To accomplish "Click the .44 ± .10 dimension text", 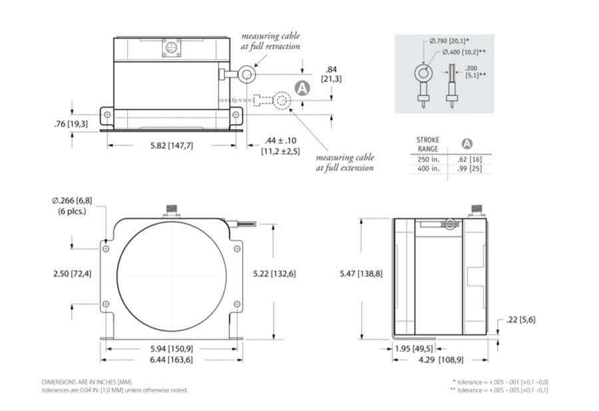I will point(282,141).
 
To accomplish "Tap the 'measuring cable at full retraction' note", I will point(270,41).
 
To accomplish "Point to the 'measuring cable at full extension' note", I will point(345,163).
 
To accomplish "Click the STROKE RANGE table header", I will point(428,145).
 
